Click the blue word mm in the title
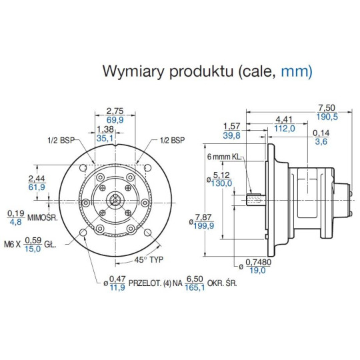point(294,71)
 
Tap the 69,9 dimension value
point(116,120)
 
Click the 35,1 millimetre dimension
point(105,139)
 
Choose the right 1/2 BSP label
point(172,141)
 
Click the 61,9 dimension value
point(37,188)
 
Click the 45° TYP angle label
point(150,259)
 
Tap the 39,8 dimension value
point(231,135)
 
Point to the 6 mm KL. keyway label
point(223,157)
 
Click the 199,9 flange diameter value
point(203,226)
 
